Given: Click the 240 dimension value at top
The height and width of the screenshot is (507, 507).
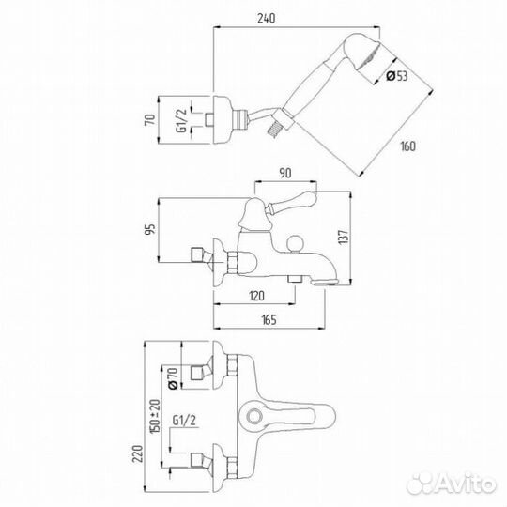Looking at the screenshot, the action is [x=266, y=18].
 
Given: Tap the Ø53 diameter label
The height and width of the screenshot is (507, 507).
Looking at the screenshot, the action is [x=397, y=76].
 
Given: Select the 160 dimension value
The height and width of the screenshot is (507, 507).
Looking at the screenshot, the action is [x=408, y=146].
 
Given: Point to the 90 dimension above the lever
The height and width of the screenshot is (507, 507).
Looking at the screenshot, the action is [x=284, y=173].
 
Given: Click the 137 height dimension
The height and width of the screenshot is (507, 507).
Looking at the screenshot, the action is [x=344, y=237].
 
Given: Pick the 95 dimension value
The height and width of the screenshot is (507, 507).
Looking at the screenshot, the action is [x=150, y=229].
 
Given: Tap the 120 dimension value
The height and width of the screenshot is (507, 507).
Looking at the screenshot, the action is [x=256, y=296].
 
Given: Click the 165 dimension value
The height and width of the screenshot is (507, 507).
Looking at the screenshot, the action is [x=269, y=320].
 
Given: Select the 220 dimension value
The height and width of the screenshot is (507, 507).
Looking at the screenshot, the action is [x=138, y=453].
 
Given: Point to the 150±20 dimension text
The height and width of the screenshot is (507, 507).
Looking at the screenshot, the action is [x=155, y=417].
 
